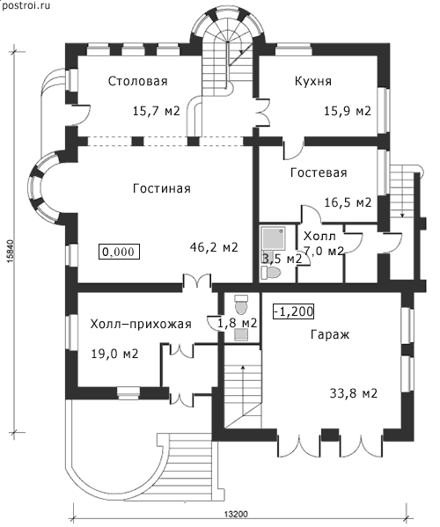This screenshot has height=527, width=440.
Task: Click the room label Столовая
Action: [138, 81]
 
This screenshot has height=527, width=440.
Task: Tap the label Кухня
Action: [313, 81]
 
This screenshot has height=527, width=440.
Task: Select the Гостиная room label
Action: [162, 188]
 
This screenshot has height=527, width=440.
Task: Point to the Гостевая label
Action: [319, 172]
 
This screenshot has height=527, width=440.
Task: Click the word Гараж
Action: [330, 334]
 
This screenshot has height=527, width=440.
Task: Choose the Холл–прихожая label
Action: [141, 324]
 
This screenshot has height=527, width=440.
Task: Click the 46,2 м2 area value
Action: [214, 248]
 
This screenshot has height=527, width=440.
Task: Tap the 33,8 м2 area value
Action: [354, 393]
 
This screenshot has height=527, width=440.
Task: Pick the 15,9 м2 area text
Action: [348, 111]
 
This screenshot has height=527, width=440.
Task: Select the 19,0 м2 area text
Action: [115, 354]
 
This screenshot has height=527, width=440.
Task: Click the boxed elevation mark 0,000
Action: [120, 252]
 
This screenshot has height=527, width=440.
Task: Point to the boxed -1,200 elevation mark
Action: [293, 311]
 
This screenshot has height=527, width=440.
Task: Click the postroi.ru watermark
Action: [26, 5]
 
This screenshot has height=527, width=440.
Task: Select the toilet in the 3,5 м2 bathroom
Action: [270, 273]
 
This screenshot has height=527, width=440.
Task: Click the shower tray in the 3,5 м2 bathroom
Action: [274, 238]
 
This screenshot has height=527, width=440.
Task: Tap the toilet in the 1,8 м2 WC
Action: [241, 304]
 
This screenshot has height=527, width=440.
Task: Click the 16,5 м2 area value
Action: [348, 202]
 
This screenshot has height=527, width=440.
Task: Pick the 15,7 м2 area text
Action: [157, 111]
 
